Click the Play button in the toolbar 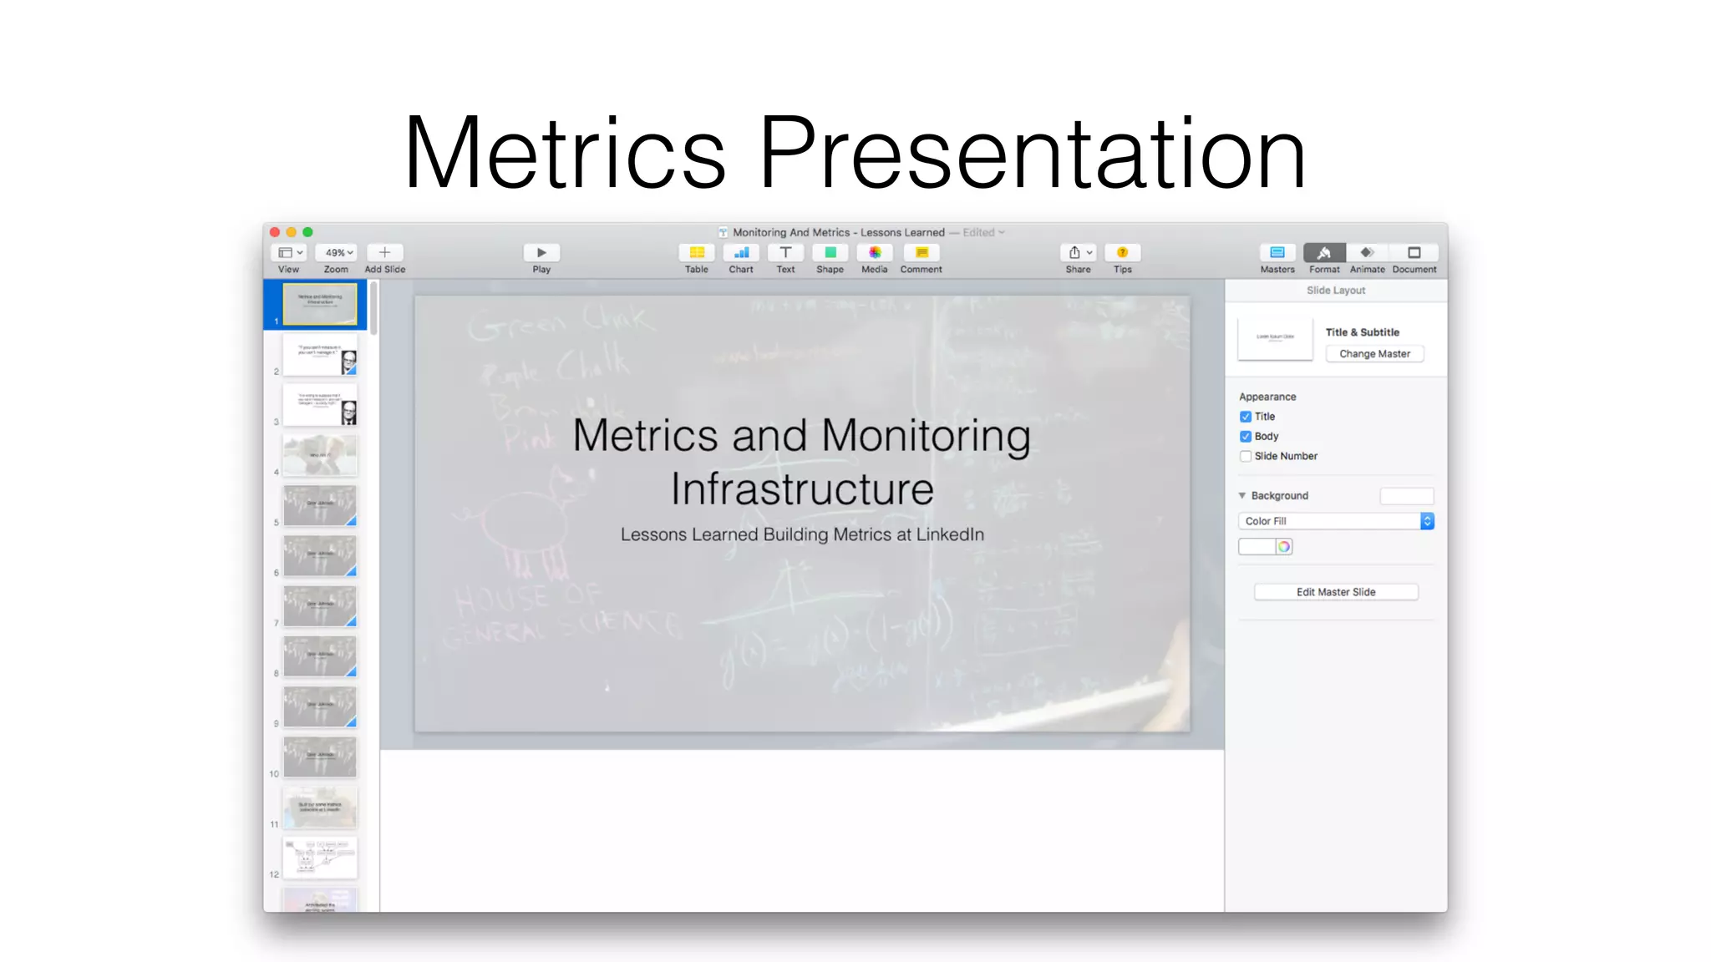pyautogui.click(x=541, y=252)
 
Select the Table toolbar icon pyautogui.click(x=696, y=252)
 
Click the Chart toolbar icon pyautogui.click(x=741, y=252)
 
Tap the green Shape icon pyautogui.click(x=830, y=252)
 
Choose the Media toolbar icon pyautogui.click(x=874, y=252)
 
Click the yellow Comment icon pyautogui.click(x=921, y=252)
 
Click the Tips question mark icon pyautogui.click(x=1122, y=252)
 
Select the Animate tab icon pyautogui.click(x=1367, y=252)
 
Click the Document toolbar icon pyautogui.click(x=1414, y=252)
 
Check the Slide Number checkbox pyautogui.click(x=1246, y=456)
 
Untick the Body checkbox pyautogui.click(x=1246, y=436)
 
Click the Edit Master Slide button pyautogui.click(x=1335, y=592)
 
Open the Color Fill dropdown pyautogui.click(x=1335, y=521)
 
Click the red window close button pyautogui.click(x=275, y=232)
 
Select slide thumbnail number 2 pyautogui.click(x=320, y=355)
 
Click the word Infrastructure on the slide pyautogui.click(x=802, y=489)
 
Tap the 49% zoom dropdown pyautogui.click(x=338, y=252)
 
